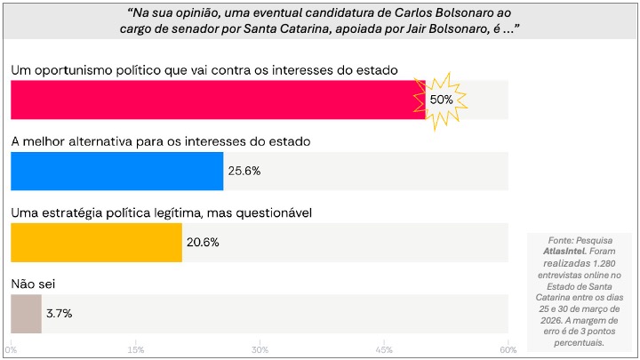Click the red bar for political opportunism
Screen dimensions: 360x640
[x=213, y=100]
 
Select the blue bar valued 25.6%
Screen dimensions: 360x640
[x=116, y=171]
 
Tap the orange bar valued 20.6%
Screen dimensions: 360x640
[x=96, y=243]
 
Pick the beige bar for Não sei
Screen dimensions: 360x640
[x=26, y=314]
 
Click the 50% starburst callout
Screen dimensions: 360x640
[x=442, y=100]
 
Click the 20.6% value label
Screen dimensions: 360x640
[x=203, y=243]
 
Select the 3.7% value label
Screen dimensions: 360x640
[x=60, y=314]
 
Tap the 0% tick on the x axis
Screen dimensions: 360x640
[x=12, y=348]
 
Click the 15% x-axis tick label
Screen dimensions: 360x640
[x=135, y=348]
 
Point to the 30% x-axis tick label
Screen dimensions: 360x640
[x=260, y=348]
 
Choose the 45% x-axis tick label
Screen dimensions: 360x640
[x=383, y=348]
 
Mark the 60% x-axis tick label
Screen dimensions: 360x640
[x=507, y=348]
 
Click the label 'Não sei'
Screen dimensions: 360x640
[x=34, y=284]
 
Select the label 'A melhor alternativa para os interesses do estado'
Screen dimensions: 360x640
[x=159, y=141]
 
